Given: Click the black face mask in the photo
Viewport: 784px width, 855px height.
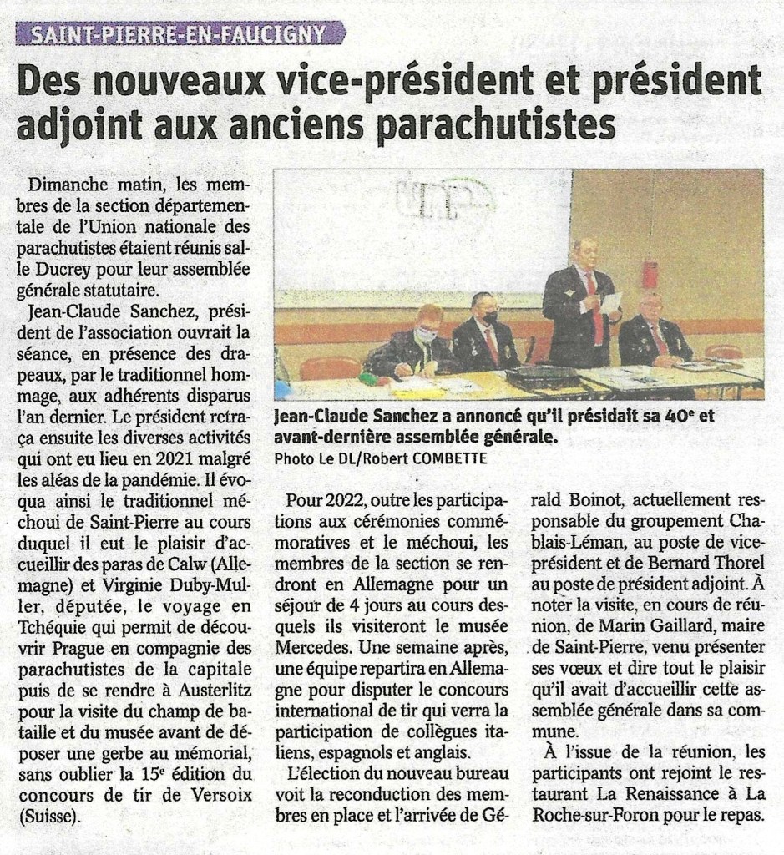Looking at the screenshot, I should coord(490,316).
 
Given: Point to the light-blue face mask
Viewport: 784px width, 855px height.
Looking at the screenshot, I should coord(427,334).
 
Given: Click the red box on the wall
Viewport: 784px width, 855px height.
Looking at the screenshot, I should coord(650,273).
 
